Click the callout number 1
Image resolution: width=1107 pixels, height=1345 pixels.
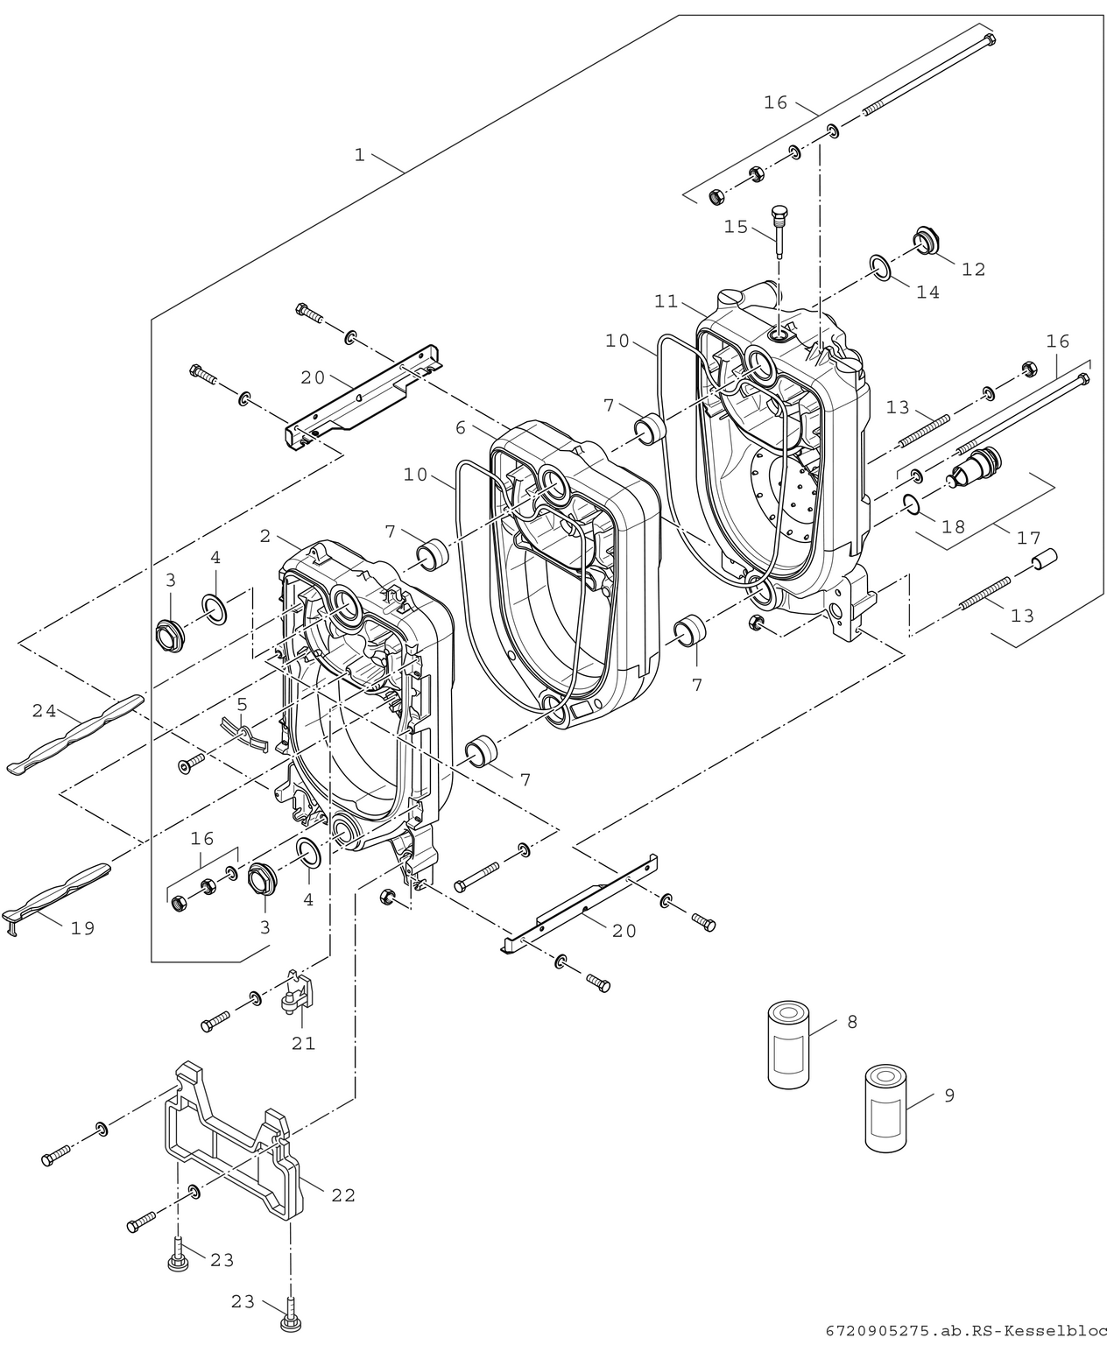pyautogui.click(x=359, y=155)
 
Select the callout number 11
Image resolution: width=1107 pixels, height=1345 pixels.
pyautogui.click(x=666, y=301)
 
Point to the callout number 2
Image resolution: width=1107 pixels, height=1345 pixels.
pyautogui.click(x=265, y=537)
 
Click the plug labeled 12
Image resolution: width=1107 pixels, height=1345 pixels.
pyautogui.click(x=925, y=240)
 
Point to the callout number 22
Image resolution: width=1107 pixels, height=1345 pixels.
pyautogui.click(x=343, y=1195)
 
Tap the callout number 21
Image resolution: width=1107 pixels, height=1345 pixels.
pyautogui.click(x=304, y=1043)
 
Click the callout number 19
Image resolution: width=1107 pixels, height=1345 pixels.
pyautogui.click(x=82, y=928)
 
